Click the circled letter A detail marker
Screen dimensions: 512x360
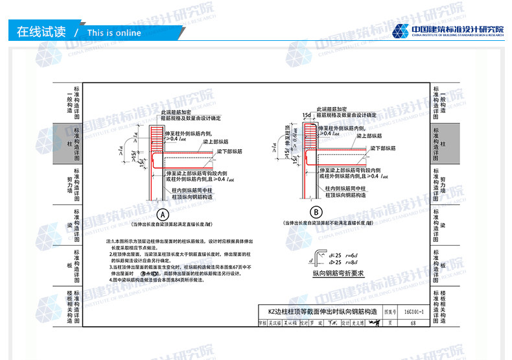point(163,214)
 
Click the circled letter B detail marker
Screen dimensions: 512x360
point(316,212)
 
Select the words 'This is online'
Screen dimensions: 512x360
point(113,33)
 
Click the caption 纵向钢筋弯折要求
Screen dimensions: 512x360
point(339,273)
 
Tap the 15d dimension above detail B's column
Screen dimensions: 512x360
point(307,115)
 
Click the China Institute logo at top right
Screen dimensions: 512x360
point(447,30)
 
